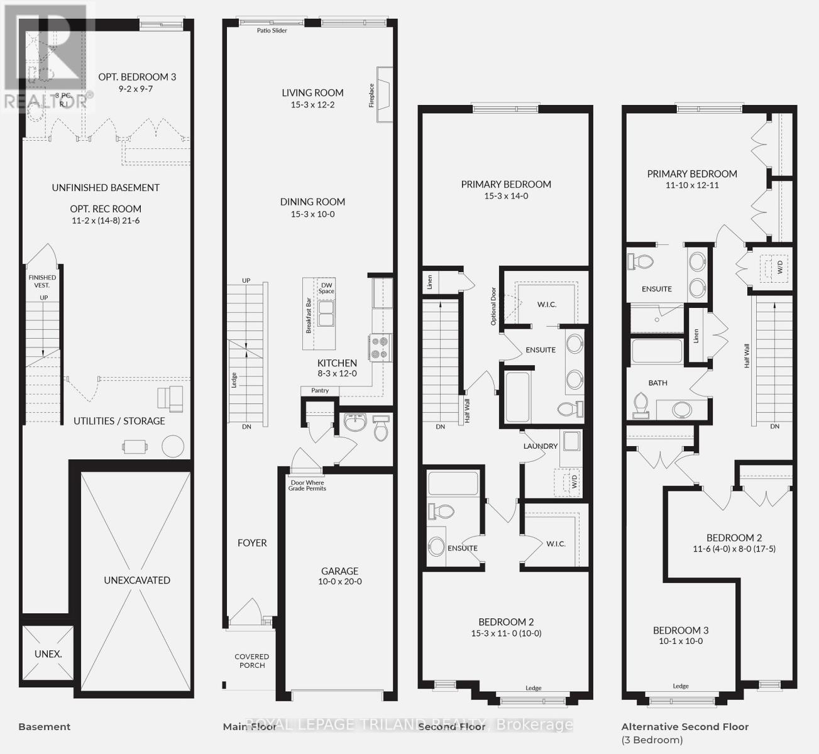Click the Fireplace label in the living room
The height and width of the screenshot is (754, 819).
(371, 96)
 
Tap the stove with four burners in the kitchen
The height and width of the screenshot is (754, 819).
(380, 347)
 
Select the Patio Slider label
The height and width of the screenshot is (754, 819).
(272, 30)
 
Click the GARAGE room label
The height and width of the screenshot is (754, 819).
(339, 571)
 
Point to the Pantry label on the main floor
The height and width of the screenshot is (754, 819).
(320, 390)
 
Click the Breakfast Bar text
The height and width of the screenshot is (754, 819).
(309, 315)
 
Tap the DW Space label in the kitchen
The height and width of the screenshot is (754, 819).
(326, 287)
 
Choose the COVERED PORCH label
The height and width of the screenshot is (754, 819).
(252, 661)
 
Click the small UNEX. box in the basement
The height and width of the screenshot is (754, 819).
(48, 653)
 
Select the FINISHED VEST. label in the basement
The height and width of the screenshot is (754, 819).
(42, 281)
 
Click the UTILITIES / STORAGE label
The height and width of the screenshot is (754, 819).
(119, 421)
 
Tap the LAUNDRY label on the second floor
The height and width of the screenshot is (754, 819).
(541, 445)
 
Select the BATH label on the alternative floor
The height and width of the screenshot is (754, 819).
(657, 383)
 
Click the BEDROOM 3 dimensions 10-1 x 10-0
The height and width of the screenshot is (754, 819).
(681, 642)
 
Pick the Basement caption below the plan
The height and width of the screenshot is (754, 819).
(44, 726)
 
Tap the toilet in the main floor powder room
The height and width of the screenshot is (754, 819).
(381, 429)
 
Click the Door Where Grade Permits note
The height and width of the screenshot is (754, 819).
(307, 485)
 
